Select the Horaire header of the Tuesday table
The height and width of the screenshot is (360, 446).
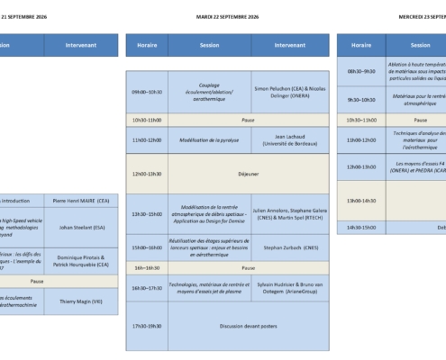(x=146, y=44)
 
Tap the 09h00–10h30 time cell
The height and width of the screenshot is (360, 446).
(x=146, y=91)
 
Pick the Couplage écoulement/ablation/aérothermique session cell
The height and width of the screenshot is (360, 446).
(x=209, y=91)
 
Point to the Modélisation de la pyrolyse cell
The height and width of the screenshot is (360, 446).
(x=209, y=140)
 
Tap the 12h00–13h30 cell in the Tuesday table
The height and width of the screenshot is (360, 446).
(x=146, y=174)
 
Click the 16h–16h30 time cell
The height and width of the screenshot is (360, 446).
(x=146, y=267)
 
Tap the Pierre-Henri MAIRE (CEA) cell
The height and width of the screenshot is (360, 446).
(x=81, y=201)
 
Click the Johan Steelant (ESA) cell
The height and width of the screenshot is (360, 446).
(x=81, y=227)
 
